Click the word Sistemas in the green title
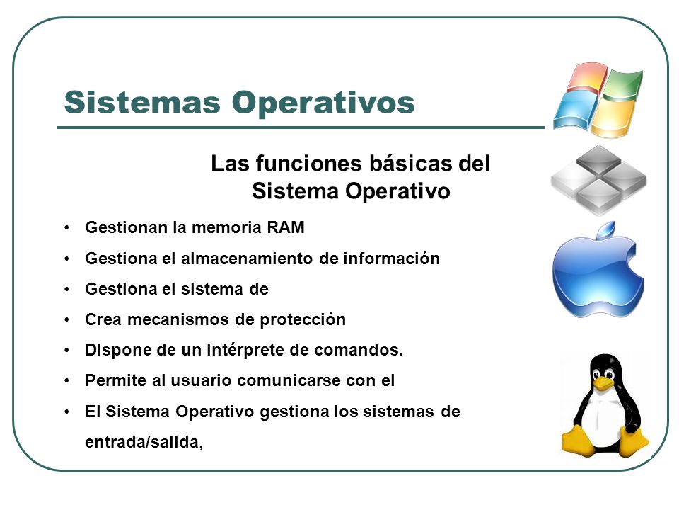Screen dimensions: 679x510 (x=142, y=102)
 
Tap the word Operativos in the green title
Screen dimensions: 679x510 (x=323, y=103)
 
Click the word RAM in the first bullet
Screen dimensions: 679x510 (x=286, y=227)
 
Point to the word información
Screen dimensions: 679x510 (x=391, y=259)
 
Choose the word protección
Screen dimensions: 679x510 (x=303, y=320)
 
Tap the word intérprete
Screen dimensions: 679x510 (x=245, y=350)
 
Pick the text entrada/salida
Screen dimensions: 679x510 (x=144, y=442)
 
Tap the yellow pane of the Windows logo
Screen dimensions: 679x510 (x=613, y=117)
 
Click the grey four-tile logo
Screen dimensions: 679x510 (x=598, y=179)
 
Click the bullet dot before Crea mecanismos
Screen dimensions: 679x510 (x=66, y=320)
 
